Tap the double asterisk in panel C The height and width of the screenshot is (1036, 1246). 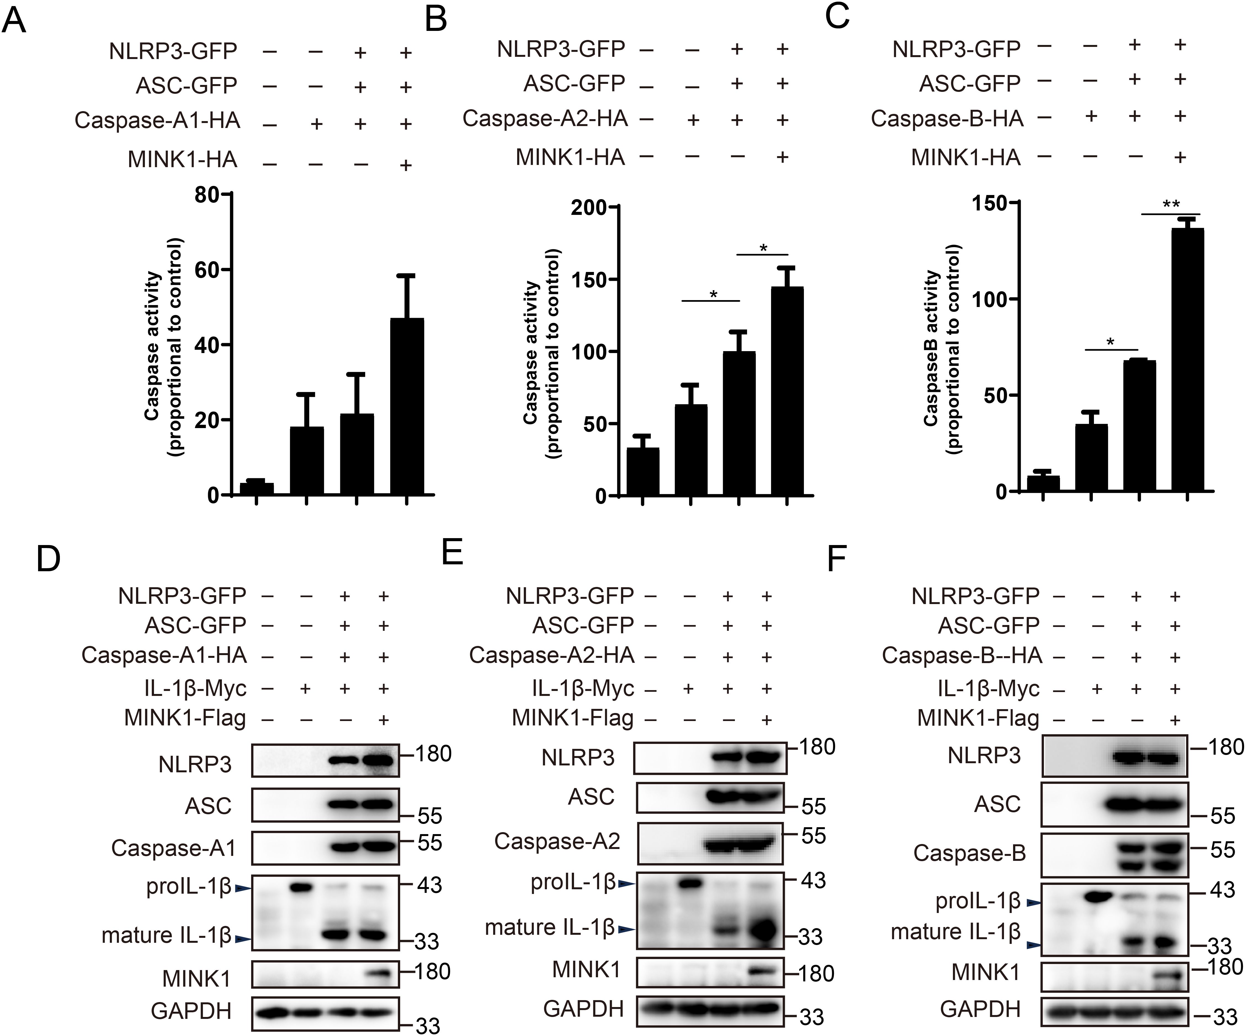(1171, 205)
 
